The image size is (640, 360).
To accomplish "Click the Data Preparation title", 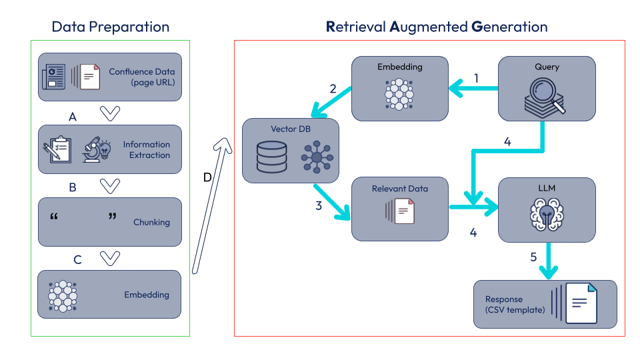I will pyautogui.click(x=111, y=27).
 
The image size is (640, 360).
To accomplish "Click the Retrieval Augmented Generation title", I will pyautogui.click(x=437, y=27).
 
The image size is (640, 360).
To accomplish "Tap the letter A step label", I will pyautogui.click(x=73, y=117).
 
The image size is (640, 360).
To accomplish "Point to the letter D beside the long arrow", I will pyautogui.click(x=207, y=177).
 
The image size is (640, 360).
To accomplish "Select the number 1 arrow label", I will pyautogui.click(x=476, y=78).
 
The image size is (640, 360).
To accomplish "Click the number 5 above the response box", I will pyautogui.click(x=533, y=257).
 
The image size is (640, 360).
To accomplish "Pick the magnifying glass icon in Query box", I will pyautogui.click(x=545, y=95).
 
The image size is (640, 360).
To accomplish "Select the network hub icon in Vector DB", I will pyautogui.click(x=316, y=157).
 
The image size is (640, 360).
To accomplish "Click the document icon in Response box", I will pyautogui.click(x=581, y=303).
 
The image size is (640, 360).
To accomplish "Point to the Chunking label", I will pyautogui.click(x=152, y=222).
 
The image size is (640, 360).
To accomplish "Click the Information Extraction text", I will pyautogui.click(x=146, y=150).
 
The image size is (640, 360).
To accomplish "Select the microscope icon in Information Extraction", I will pyautogui.click(x=95, y=149).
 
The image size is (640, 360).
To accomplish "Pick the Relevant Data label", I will pyautogui.click(x=400, y=189).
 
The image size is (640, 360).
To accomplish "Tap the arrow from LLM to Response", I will pyautogui.click(x=548, y=260).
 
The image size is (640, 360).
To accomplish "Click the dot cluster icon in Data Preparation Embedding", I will pyautogui.click(x=63, y=295).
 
